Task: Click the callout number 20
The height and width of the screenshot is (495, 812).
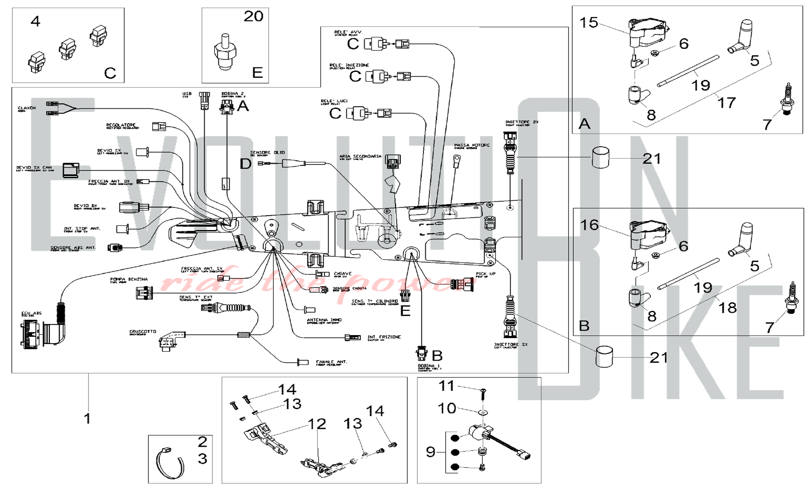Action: [x=253, y=17]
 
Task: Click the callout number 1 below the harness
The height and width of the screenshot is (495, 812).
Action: [x=87, y=418]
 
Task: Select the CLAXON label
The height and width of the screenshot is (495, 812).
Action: [x=27, y=108]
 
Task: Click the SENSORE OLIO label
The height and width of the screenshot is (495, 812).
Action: [x=267, y=153]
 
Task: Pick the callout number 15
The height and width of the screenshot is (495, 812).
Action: [x=589, y=23]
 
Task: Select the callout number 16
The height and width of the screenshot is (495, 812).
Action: [x=590, y=225]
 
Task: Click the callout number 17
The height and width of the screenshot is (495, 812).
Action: [x=727, y=103]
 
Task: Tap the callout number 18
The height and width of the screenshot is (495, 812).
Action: [x=728, y=308]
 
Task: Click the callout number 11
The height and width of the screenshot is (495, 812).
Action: [x=447, y=386]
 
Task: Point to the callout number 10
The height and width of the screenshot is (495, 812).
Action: [x=447, y=408]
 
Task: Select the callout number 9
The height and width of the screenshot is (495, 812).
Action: [x=431, y=452]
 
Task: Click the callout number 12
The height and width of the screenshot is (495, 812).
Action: [x=317, y=424]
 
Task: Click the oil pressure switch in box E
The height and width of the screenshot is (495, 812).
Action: [x=225, y=52]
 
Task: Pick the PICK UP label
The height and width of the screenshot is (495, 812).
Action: [x=486, y=274]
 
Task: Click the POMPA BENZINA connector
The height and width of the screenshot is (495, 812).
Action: [x=144, y=293]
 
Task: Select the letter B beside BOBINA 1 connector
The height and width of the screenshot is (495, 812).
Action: [x=437, y=356]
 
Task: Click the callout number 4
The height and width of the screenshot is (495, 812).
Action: [x=36, y=22]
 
